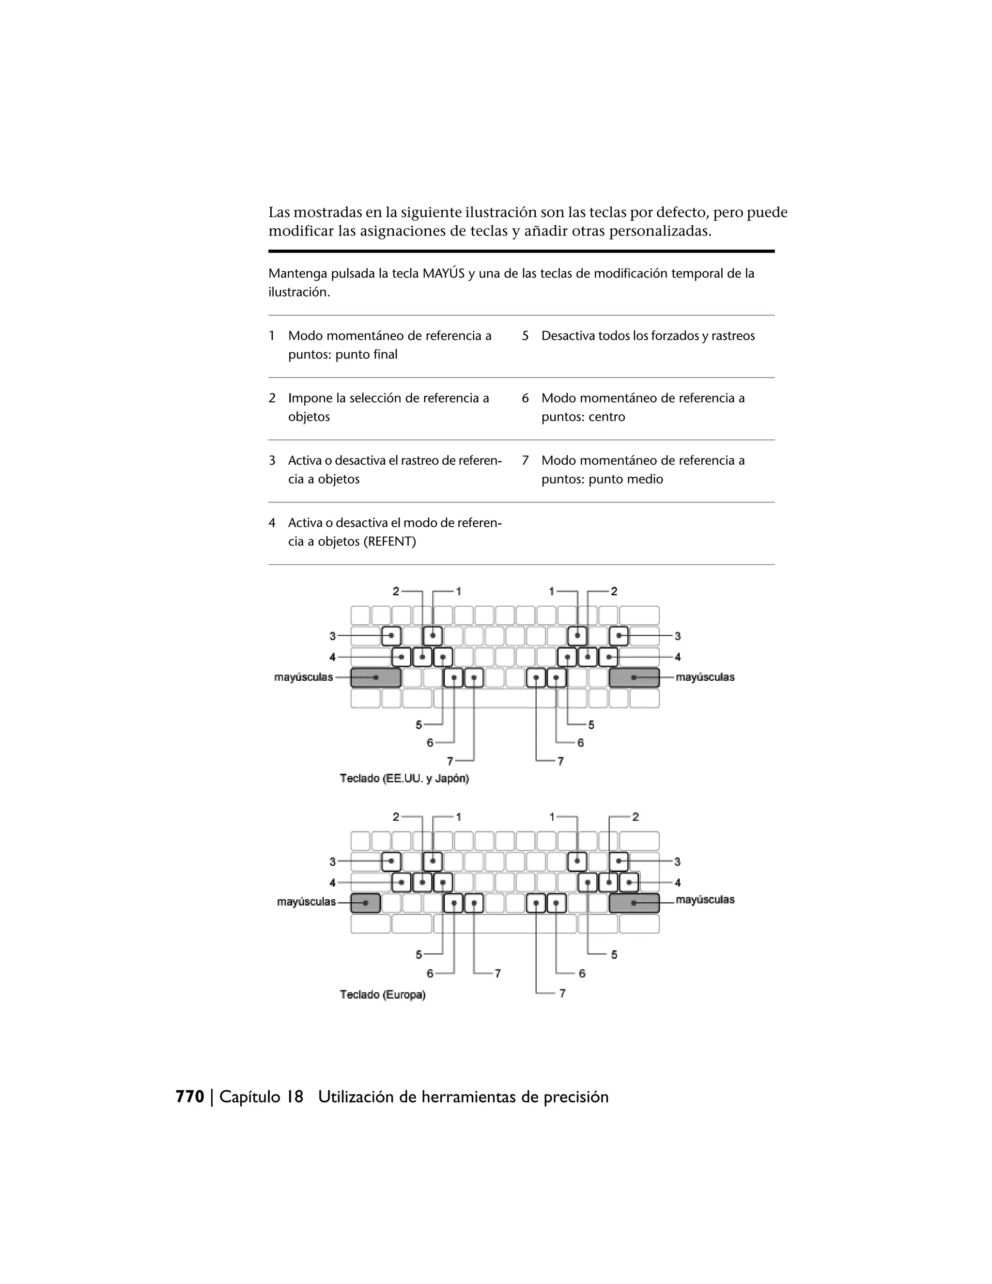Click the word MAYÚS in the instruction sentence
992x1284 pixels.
coord(444,273)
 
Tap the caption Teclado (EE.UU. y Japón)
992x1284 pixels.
coord(404,779)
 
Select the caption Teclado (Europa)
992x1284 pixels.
coord(383,995)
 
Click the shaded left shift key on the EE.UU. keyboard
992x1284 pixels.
coord(375,678)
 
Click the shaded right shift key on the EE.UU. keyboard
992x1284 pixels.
coord(634,678)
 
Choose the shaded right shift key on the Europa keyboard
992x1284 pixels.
coord(634,903)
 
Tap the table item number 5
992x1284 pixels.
coord(525,336)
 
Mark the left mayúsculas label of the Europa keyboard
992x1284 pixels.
coord(306,902)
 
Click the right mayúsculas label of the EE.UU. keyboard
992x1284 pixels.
coord(705,677)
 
